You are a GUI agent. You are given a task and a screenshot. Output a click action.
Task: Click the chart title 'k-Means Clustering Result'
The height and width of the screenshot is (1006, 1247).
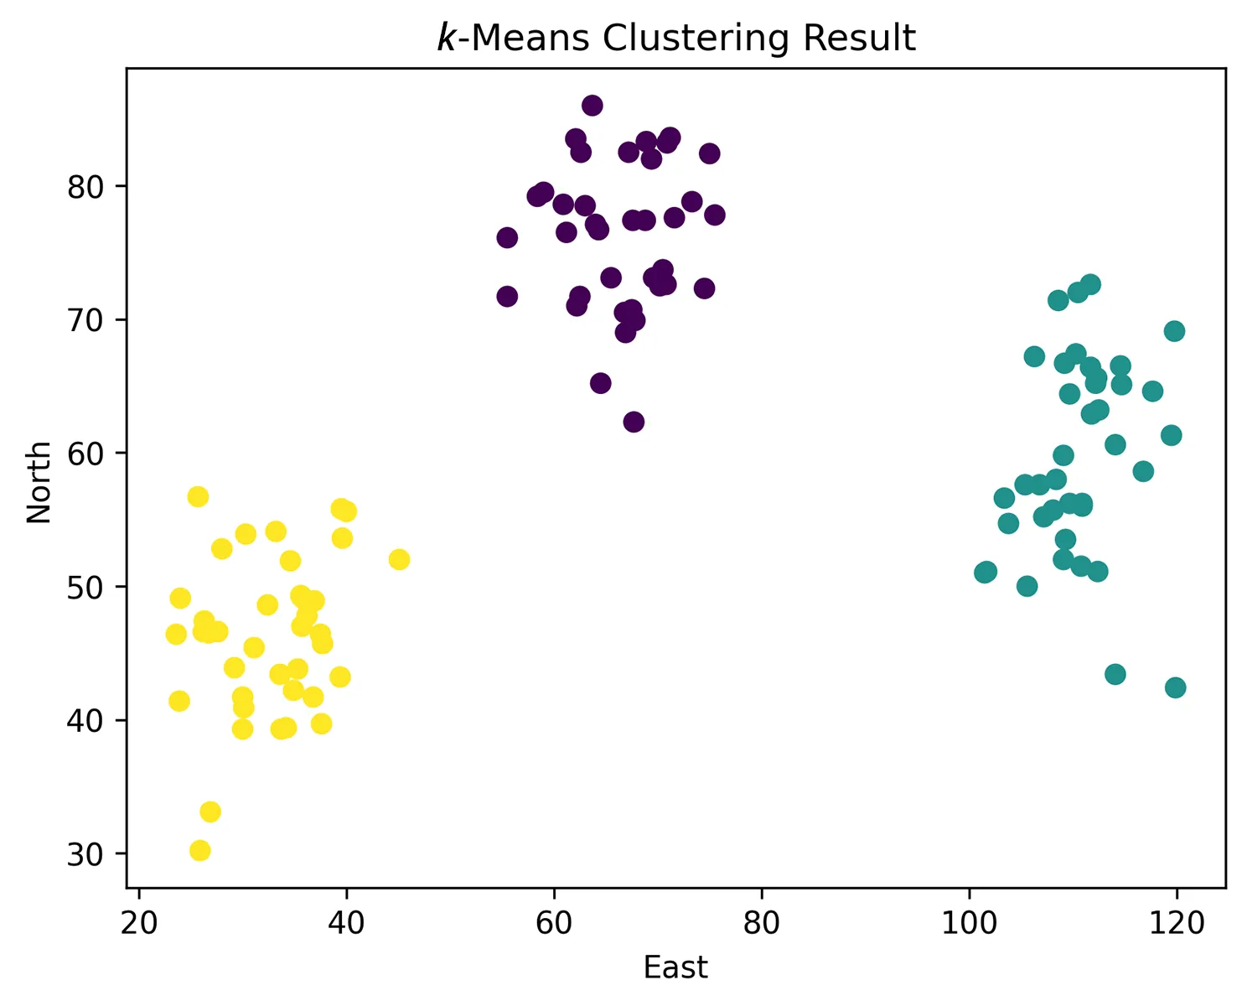coord(676,39)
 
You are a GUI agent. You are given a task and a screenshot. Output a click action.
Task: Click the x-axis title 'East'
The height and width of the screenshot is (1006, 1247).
coord(675,967)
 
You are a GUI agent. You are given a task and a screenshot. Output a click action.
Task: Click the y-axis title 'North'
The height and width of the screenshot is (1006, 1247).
coord(39,482)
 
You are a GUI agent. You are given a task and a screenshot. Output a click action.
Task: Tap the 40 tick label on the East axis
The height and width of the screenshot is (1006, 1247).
coord(346,923)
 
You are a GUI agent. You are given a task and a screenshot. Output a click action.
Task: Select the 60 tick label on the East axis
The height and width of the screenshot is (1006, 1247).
coord(554,923)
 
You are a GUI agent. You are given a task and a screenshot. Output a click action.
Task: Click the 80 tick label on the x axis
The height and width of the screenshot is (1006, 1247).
coord(761,923)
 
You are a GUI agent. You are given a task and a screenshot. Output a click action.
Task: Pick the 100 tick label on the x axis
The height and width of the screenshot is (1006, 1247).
coord(969,923)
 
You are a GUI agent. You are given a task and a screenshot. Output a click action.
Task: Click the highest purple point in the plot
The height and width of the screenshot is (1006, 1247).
coord(592,106)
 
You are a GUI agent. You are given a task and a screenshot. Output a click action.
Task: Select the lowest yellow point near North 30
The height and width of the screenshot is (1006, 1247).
coord(199,851)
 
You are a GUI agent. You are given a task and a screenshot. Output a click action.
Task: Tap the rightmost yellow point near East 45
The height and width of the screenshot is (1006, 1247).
coord(399,559)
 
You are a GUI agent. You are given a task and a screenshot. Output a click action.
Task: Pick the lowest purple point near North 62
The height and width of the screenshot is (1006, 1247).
coord(634,422)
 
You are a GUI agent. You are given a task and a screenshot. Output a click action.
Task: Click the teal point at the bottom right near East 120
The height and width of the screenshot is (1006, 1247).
coord(1176,687)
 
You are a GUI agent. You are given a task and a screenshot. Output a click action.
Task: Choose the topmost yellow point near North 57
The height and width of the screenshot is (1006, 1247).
coord(198,496)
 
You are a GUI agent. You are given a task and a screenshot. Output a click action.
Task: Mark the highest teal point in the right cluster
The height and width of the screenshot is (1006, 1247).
coord(1090,284)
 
